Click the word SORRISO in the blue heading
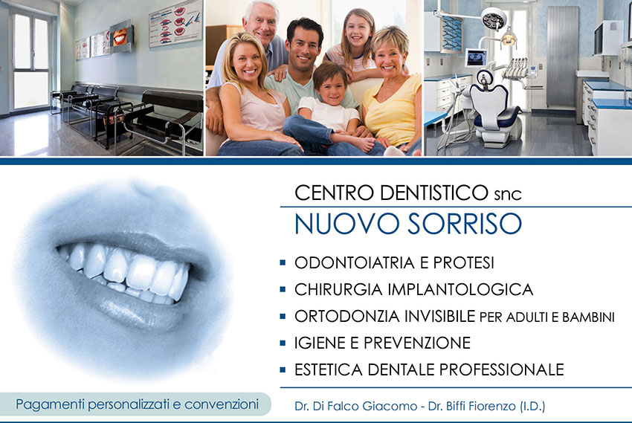(465, 224)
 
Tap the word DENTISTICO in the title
(434, 193)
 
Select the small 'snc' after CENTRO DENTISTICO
(508, 195)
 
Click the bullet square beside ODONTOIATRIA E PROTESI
(283, 262)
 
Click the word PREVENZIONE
(417, 343)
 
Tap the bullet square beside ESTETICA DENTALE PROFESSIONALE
(283, 369)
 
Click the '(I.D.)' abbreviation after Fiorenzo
(532, 406)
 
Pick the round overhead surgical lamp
(494, 18)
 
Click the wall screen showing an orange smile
(121, 36)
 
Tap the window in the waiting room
(30, 59)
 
